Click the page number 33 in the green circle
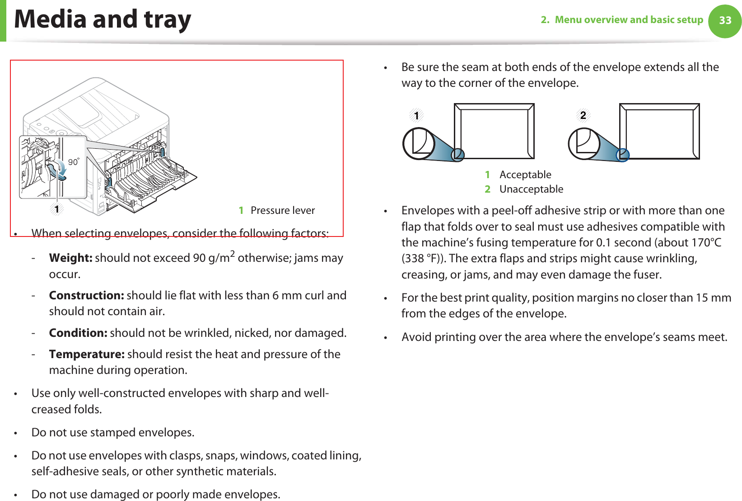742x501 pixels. pos(725,20)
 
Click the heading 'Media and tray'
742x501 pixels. pos(103,19)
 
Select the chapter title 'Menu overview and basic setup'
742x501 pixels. pos(629,20)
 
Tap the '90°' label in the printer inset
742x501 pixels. pos(74,161)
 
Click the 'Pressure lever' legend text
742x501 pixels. pos(283,210)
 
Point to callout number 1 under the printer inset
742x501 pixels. pos(57,209)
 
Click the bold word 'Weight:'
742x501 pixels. pos(70,258)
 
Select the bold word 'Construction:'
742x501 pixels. pos(86,296)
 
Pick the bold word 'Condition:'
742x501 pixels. pos(78,333)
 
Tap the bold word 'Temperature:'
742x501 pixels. pos(87,354)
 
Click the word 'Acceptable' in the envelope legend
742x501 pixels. pos(525,175)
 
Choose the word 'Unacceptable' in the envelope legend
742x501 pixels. pos(531,189)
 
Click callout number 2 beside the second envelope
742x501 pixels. pos(583,115)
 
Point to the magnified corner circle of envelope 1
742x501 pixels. pos(419,144)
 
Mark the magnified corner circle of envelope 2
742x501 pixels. pos(584,144)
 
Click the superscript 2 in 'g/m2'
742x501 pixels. pos(232,254)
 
